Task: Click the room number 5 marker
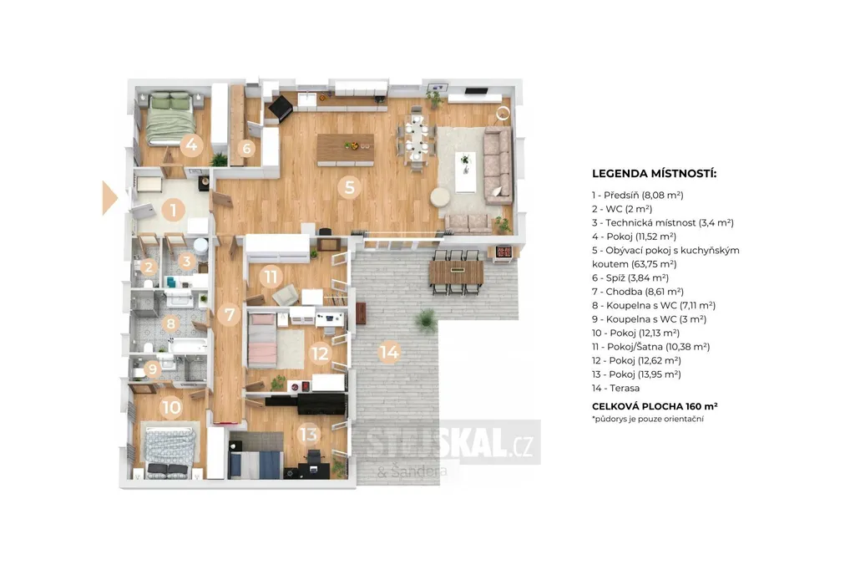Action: point(350,187)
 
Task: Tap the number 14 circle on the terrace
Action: point(389,352)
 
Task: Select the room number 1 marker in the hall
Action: point(174,210)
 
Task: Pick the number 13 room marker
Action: point(308,434)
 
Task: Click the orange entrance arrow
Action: point(109,197)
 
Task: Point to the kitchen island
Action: point(346,149)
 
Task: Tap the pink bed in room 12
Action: point(262,339)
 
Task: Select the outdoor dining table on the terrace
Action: point(457,272)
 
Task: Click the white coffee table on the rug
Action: point(465,172)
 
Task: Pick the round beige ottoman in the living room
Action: point(440,197)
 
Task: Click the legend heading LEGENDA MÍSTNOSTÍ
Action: point(655,174)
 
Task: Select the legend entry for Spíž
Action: point(630,278)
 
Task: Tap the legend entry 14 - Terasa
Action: point(615,388)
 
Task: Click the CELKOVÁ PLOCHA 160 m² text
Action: point(655,406)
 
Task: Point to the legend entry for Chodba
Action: point(638,292)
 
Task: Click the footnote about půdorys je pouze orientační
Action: point(648,419)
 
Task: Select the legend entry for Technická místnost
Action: point(663,223)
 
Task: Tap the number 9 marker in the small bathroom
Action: point(152,369)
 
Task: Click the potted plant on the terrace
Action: point(427,320)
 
